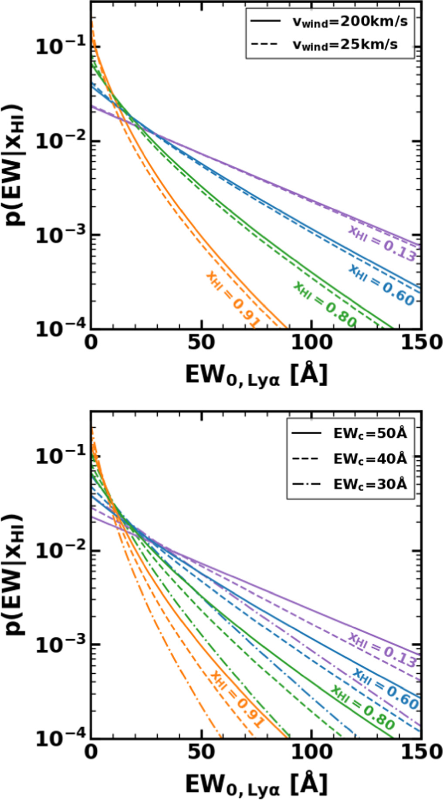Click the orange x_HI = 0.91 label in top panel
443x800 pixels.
(x=233, y=299)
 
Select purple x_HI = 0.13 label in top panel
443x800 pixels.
(x=382, y=244)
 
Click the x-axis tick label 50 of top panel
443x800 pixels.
(x=201, y=342)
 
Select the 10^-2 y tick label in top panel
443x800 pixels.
(x=61, y=142)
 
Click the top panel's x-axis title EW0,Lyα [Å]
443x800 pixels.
(x=256, y=375)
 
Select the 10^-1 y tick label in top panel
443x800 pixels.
(x=61, y=47)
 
